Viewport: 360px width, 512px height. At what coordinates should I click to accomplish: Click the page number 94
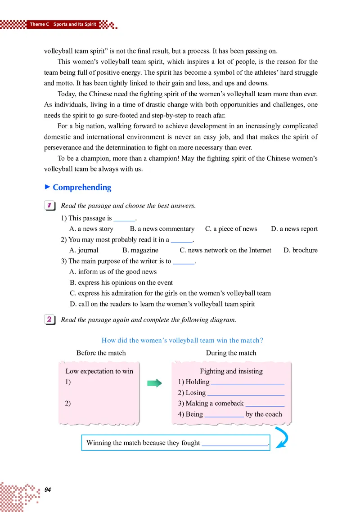tap(48, 490)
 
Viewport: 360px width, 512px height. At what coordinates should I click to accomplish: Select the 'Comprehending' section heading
tap(81, 188)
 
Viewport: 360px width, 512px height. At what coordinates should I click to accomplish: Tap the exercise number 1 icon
tap(49, 206)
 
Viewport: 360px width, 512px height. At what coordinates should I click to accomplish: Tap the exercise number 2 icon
tap(49, 320)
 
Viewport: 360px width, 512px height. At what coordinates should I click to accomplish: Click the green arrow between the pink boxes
tap(154, 383)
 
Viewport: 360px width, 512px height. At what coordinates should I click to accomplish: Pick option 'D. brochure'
tap(300, 250)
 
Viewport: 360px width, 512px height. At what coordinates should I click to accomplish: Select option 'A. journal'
tap(84, 250)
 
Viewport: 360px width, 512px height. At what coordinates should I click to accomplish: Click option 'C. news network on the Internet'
tap(225, 250)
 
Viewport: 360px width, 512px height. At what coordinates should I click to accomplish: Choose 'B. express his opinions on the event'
tap(121, 283)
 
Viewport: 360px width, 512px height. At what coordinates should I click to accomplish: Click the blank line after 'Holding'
tap(247, 382)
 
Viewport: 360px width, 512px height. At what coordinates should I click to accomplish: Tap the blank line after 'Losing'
tap(246, 393)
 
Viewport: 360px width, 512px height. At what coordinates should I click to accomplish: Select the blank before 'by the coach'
tap(224, 415)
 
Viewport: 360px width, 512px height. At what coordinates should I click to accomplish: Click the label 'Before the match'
tap(101, 353)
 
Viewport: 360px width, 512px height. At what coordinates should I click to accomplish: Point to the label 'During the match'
tap(231, 353)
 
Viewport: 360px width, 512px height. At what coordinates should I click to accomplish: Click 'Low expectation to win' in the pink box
tap(99, 371)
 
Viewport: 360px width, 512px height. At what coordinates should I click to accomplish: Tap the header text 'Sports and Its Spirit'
tap(75, 24)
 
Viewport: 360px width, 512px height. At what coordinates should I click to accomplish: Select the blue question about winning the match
tap(182, 341)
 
